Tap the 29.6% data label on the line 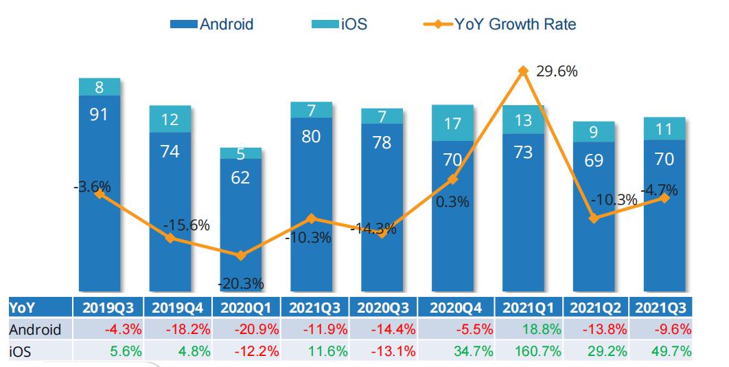tap(556, 71)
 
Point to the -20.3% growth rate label tap(241, 283)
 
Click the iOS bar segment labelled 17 tap(453, 124)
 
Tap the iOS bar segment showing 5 tap(240, 154)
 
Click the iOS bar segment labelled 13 tap(523, 120)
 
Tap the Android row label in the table tap(35, 329)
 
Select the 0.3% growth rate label tap(452, 202)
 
